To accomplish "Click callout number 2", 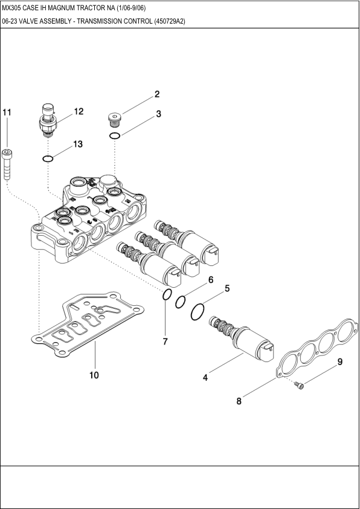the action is pyautogui.click(x=157, y=94).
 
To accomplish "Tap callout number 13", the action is pyautogui.click(x=78, y=144).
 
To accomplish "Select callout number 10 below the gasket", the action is pyautogui.click(x=94, y=375).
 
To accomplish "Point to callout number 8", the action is pyautogui.click(x=239, y=401).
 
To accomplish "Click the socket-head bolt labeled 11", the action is pyautogui.click(x=7, y=164).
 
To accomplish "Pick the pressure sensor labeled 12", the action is pyautogui.click(x=48, y=120).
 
